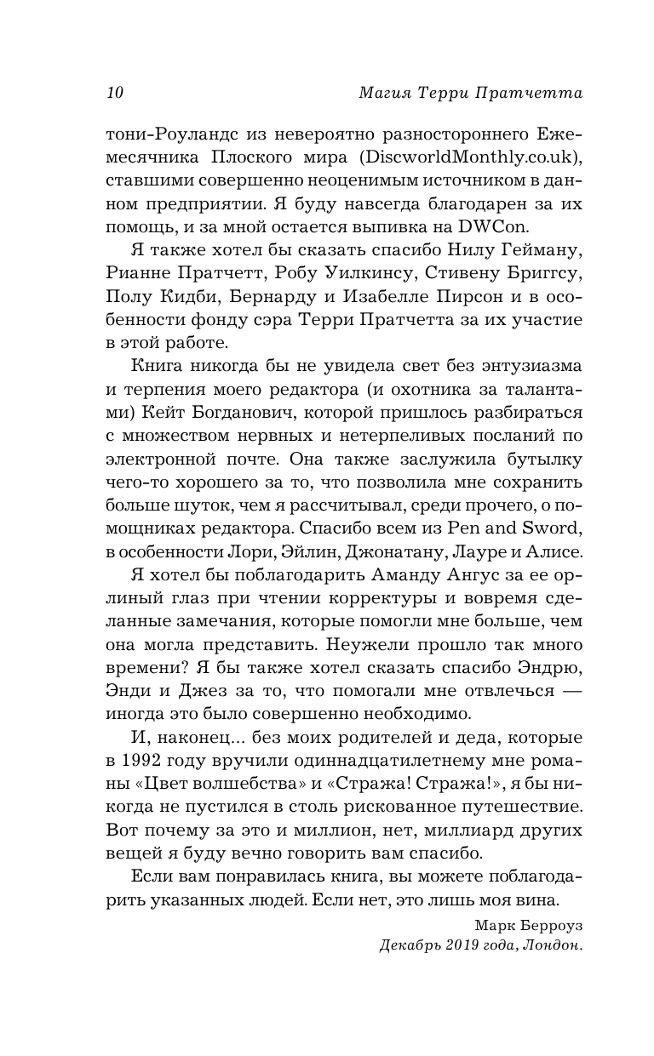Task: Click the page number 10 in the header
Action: click(x=115, y=94)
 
